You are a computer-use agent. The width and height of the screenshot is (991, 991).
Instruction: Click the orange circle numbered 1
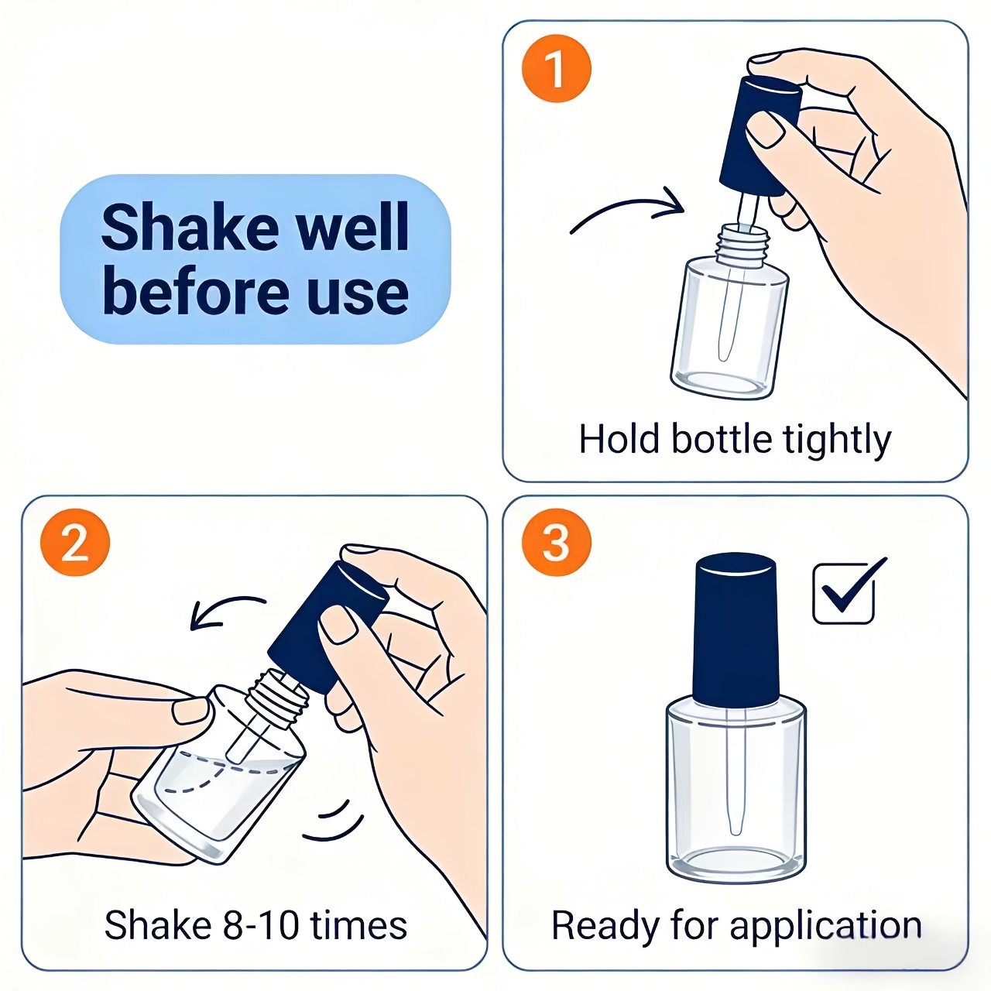[556, 68]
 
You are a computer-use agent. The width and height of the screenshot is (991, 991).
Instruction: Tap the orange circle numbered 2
[75, 544]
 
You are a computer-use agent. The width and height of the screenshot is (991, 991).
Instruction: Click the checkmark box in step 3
[843, 593]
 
